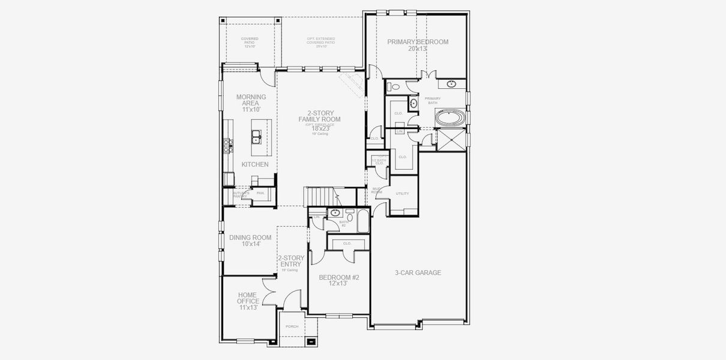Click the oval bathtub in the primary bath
coord(449,118)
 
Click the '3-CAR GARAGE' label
coord(418,273)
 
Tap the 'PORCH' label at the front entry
coord(292,326)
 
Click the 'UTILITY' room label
coord(402,193)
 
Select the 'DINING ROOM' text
coord(250,238)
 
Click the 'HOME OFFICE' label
coord(247,298)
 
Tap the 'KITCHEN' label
coord(255,164)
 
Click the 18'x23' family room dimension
coord(320,128)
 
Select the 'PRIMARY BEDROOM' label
coord(418,42)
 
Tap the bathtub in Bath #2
coord(363,221)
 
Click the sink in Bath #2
coord(335,212)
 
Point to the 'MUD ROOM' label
coord(377,190)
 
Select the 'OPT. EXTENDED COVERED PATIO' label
coord(317,42)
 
